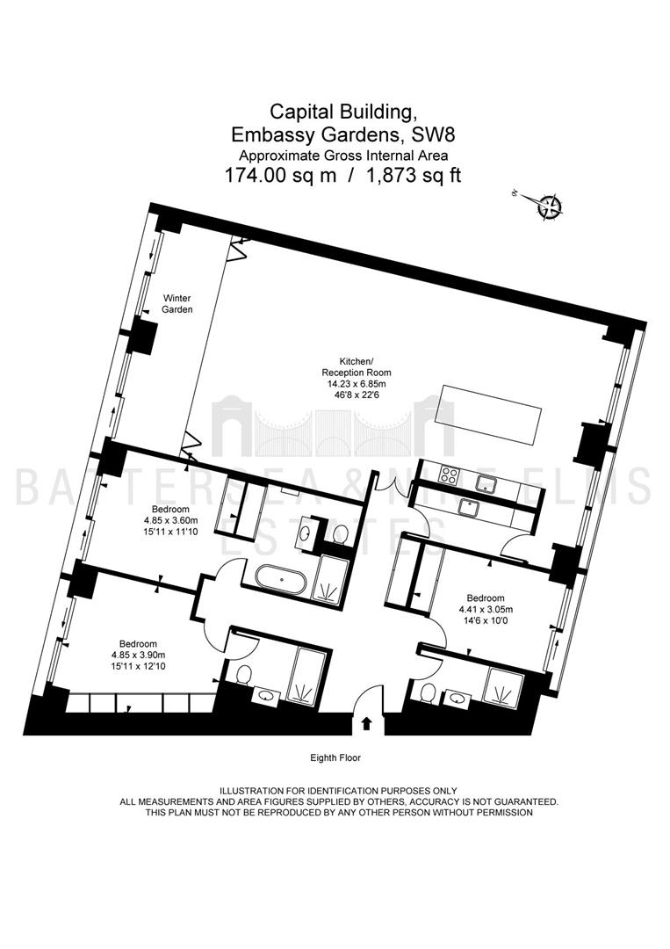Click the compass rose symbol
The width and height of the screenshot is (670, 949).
(551, 206)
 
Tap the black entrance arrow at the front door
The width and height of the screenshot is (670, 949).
(366, 722)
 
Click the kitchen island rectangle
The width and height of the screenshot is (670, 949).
(491, 413)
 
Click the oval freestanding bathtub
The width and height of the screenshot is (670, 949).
(282, 580)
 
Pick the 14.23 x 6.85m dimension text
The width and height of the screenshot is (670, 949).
(357, 384)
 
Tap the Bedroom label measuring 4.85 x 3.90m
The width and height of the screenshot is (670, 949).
(138, 644)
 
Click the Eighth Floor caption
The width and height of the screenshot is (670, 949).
(335, 757)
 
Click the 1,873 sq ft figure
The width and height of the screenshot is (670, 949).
(416, 176)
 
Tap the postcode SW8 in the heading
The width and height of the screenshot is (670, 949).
(427, 132)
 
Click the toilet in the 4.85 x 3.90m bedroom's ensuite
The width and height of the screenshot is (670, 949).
(244, 676)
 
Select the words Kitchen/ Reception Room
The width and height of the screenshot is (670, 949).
(357, 366)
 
